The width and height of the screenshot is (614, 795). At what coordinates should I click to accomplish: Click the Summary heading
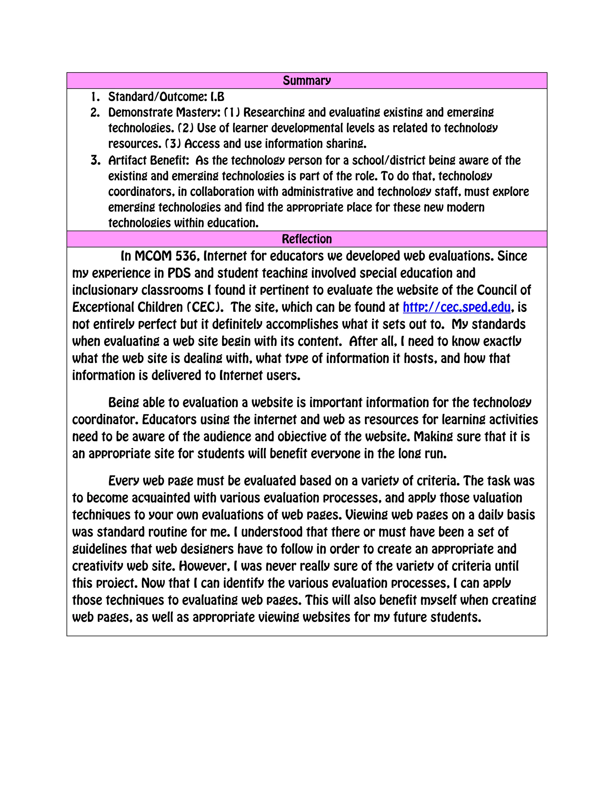coord(307,80)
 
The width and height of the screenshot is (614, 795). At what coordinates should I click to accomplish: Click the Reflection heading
coord(307,239)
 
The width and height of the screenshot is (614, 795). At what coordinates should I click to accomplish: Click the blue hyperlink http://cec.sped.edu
coord(457,307)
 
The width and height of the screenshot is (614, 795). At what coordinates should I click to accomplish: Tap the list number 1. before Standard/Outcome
coord(95,97)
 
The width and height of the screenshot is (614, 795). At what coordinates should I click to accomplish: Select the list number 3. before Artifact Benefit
coord(95,160)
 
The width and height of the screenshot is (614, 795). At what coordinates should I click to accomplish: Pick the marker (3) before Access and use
coord(173,144)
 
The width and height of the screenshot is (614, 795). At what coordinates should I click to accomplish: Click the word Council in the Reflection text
coord(496,290)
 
